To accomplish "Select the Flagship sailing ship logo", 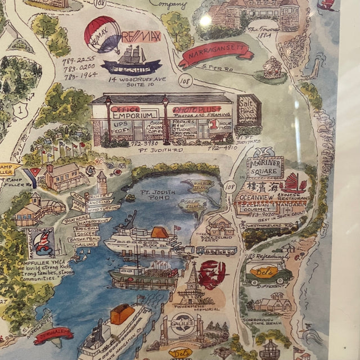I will pos(131,61).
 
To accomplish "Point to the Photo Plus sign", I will pos(192,109).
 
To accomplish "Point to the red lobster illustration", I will pos(212,274).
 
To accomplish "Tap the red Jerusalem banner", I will pos(53,335).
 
